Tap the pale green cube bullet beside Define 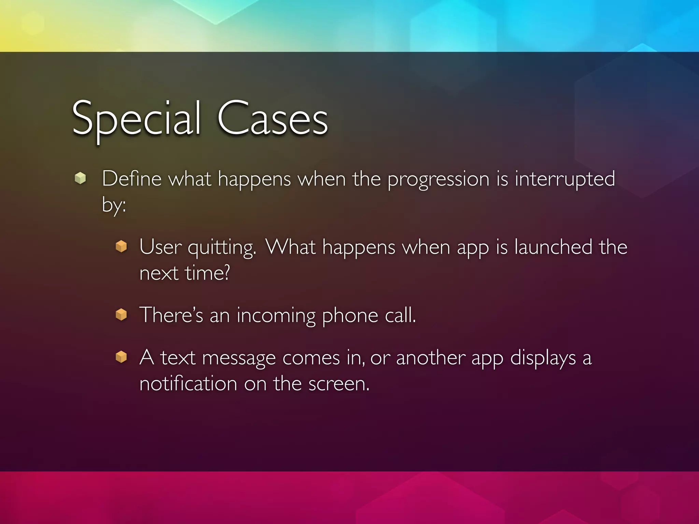point(80,178)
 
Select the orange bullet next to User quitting point(121,246)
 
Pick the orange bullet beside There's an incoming point(121,315)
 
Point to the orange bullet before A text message point(121,357)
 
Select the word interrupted point(565,179)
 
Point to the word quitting point(222,247)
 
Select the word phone point(350,316)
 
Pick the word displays point(543,359)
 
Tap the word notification point(188,383)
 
